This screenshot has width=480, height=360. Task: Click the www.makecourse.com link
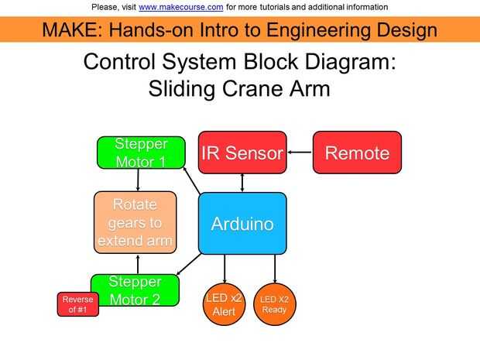pos(180,7)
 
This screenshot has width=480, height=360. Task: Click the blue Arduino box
pos(242,224)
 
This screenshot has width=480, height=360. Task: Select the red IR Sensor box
pos(242,153)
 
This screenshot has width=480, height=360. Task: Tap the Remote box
pos(357,153)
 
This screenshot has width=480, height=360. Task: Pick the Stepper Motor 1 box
pos(141,153)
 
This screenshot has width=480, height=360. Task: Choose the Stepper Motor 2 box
pos(135,290)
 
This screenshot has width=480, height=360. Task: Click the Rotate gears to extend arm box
pos(135,222)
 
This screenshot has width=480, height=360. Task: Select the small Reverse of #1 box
pos(78,304)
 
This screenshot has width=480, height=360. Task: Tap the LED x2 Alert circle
pos(224,304)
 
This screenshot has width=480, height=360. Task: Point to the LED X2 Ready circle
pos(275,304)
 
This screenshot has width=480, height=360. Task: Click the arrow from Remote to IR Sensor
pos(300,153)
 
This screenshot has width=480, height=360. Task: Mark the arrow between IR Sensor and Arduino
pos(242,183)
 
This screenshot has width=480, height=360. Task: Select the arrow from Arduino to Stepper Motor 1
pos(192,180)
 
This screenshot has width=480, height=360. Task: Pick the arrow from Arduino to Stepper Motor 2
pos(189,264)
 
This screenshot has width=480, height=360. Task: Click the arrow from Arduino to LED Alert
pos(225,269)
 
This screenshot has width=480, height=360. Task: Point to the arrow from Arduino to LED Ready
pos(275,269)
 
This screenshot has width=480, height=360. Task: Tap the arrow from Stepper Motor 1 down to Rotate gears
pos(138,180)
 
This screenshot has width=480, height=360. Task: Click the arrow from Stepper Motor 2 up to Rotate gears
pos(138,264)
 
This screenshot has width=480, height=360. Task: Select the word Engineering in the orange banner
pos(317,31)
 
